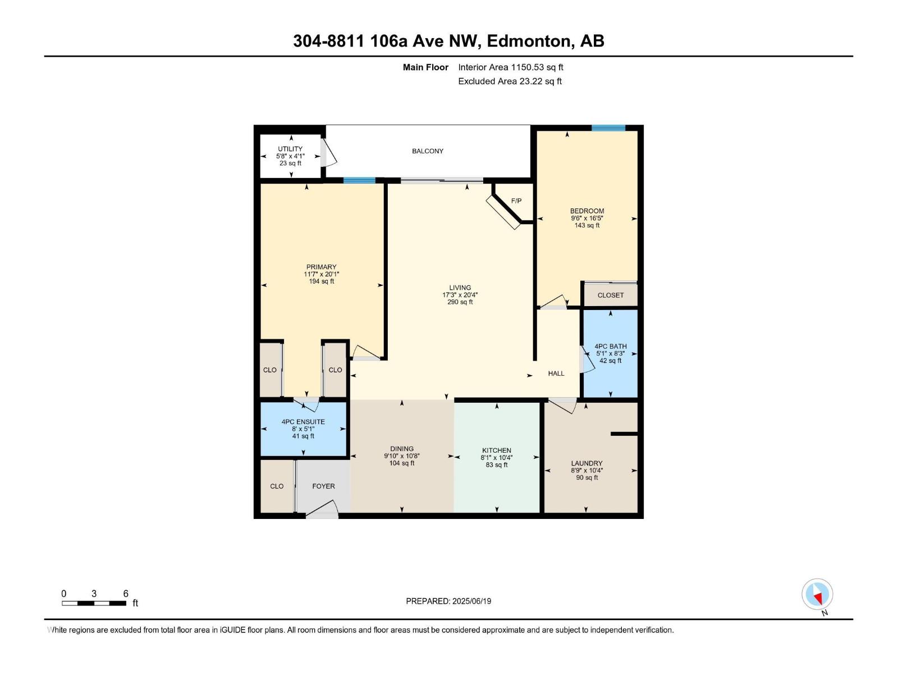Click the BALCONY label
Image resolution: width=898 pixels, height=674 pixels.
427,151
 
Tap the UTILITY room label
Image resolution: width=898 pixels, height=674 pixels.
290,149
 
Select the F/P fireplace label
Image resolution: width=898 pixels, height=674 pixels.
516,201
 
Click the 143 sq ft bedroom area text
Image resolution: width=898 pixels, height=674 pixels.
587,225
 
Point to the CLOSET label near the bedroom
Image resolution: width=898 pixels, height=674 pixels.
610,295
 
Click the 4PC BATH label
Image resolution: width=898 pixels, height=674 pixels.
610,347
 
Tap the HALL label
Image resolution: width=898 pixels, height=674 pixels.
556,374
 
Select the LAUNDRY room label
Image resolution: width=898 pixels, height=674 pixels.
587,463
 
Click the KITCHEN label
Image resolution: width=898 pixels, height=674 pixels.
496,450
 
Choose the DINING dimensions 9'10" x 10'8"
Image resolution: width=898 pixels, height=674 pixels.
402,456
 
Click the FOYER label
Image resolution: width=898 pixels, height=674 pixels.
323,486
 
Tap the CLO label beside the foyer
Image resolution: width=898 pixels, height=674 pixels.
277,486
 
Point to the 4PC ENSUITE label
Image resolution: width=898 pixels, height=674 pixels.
303,422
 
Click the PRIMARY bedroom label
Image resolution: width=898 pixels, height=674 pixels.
321,267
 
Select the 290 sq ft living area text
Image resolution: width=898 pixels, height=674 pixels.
460,302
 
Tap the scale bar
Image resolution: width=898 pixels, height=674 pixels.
94,603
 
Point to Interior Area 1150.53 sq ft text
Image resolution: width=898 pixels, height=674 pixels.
510,67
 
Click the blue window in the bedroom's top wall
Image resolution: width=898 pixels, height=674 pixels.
608,128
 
